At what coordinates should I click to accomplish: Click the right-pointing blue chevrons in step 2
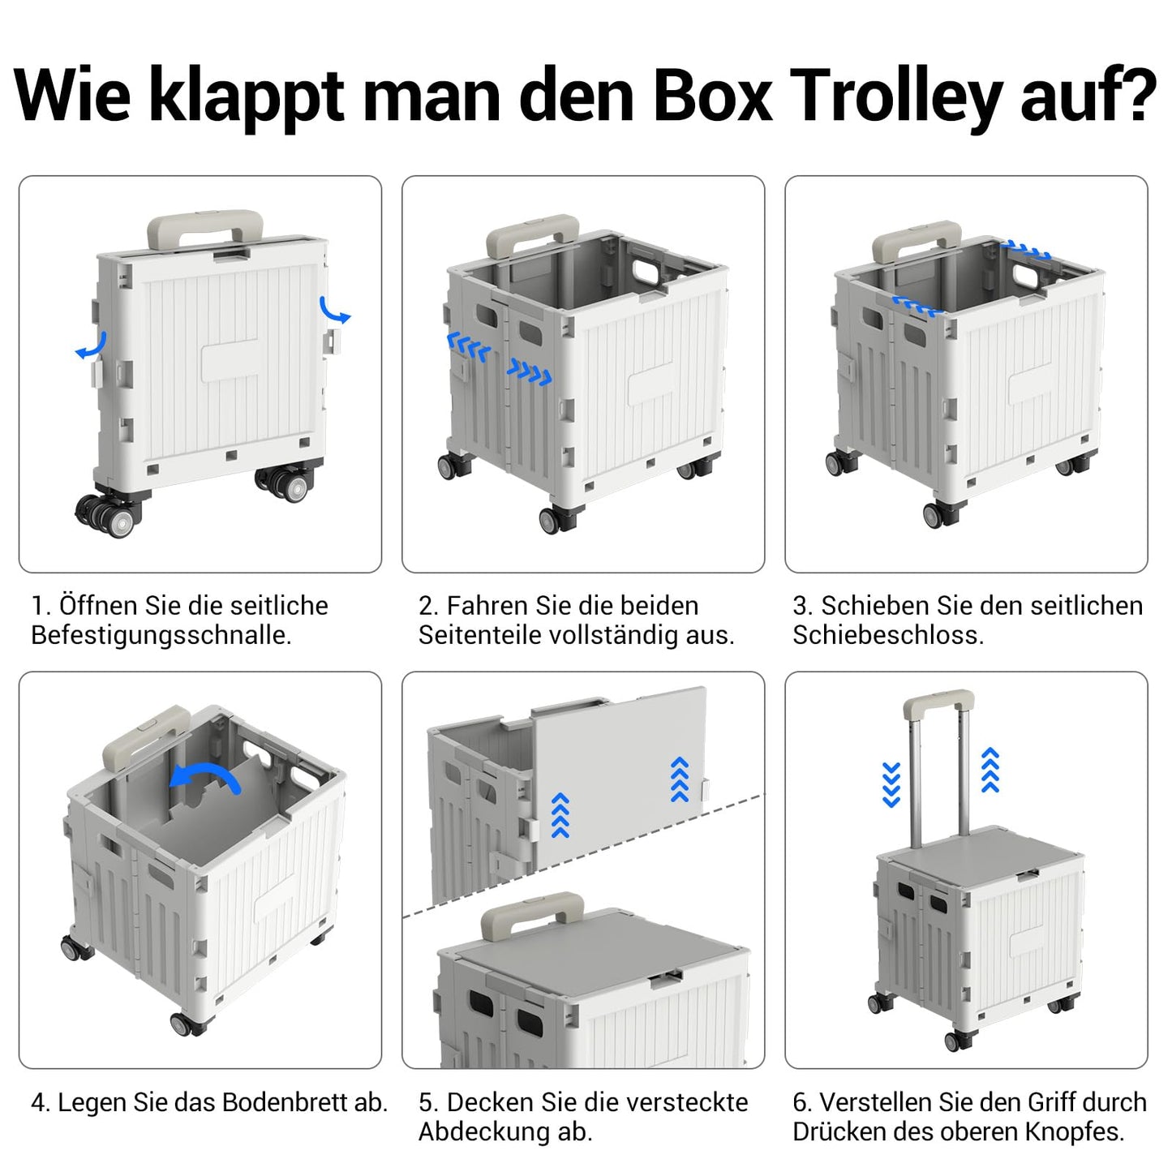coord(529,372)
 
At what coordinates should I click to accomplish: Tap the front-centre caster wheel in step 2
coord(553,520)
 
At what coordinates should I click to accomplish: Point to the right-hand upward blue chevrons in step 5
coord(680,780)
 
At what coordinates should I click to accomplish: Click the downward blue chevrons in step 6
coord(891,784)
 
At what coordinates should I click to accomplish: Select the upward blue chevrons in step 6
coord(990,770)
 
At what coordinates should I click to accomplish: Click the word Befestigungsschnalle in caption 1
coord(161,636)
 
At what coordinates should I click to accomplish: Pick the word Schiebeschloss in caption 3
coord(888,635)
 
